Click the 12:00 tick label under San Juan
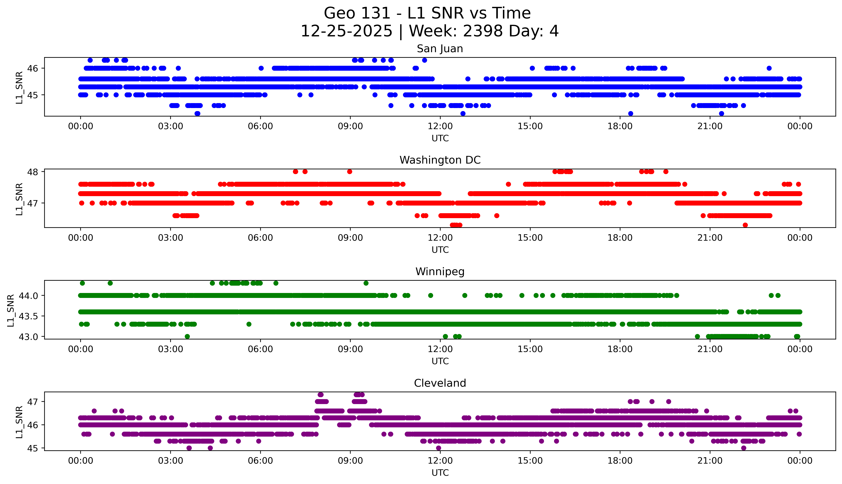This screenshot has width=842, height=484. pyautogui.click(x=440, y=126)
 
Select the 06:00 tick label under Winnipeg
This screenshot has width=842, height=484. pyautogui.click(x=260, y=349)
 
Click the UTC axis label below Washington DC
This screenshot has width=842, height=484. pyautogui.click(x=440, y=250)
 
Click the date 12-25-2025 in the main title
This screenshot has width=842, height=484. pyautogui.click(x=346, y=31)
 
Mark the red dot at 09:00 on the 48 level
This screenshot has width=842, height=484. pyautogui.click(x=350, y=172)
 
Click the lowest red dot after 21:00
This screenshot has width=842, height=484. pyautogui.click(x=745, y=225)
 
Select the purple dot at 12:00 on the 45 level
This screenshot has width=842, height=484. pyautogui.click(x=439, y=448)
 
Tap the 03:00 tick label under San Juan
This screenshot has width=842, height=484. pyautogui.click(x=171, y=126)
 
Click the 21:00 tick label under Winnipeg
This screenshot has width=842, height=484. pyautogui.click(x=710, y=349)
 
